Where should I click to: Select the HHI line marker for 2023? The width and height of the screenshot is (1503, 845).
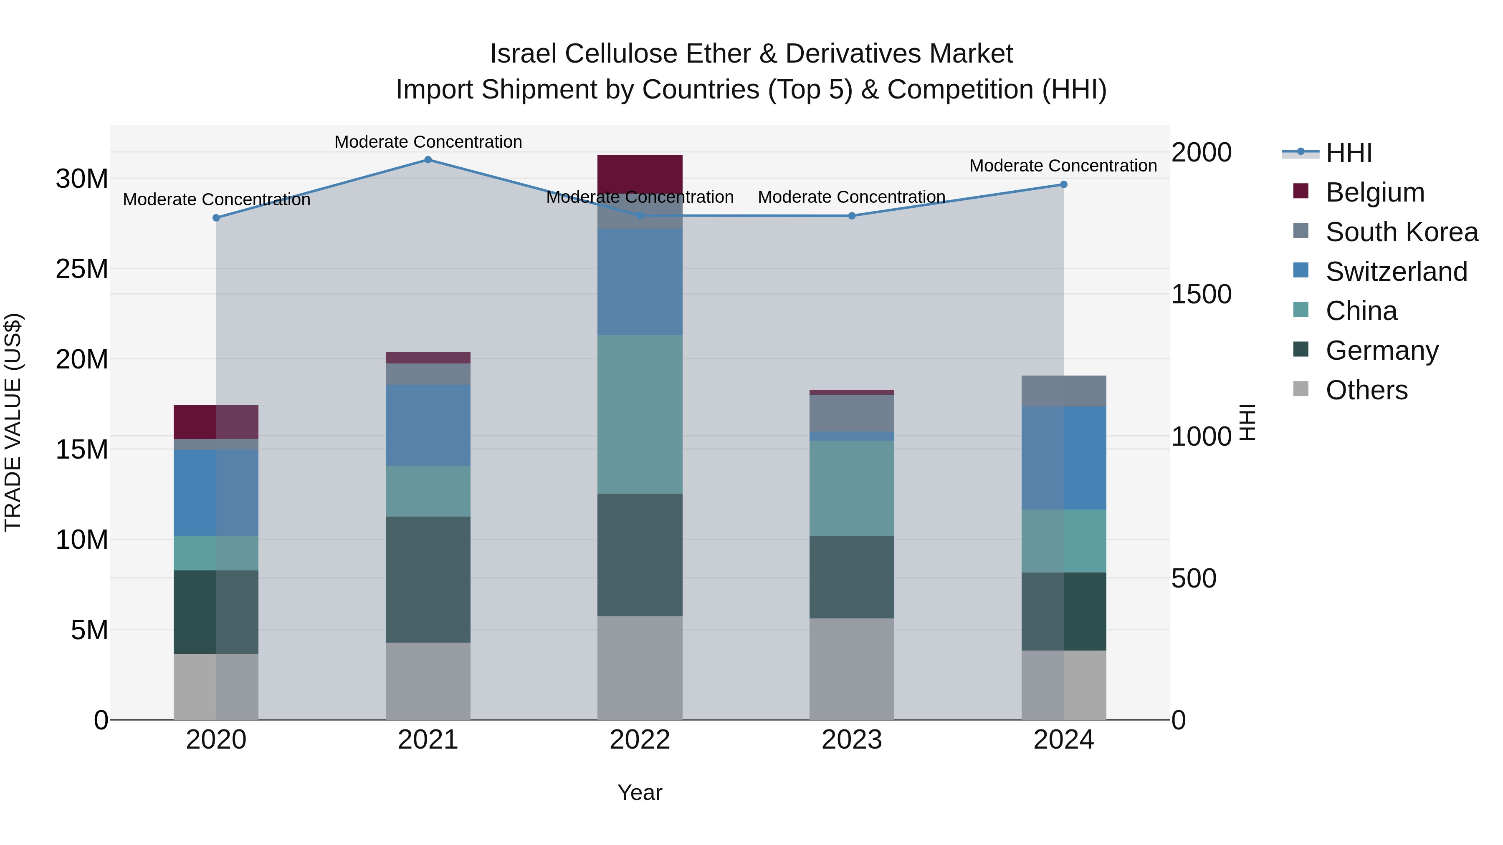pos(851,216)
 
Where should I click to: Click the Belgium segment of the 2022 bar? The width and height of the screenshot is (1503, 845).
pos(640,173)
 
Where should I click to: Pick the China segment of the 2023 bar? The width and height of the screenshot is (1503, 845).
pos(851,488)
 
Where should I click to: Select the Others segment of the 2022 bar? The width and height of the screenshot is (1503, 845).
pos(640,668)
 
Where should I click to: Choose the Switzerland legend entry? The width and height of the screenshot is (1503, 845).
pos(1396,272)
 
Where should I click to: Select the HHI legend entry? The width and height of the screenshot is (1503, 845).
pos(1348,153)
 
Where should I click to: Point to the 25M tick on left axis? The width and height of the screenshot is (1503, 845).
pos(82,269)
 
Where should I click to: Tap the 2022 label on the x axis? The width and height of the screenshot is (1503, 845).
pos(640,740)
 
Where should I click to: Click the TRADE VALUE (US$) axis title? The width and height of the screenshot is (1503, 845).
pos(13,422)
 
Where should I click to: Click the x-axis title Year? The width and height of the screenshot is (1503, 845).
pos(640,792)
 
